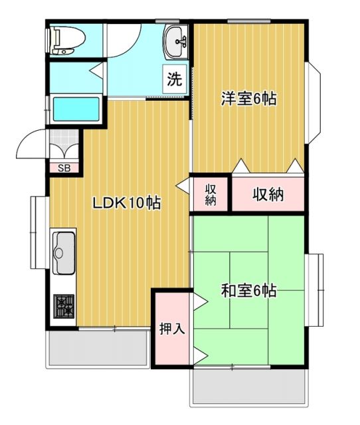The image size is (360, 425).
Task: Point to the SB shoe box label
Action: pos(64,167)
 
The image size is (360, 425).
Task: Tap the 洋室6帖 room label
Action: pos(249,100)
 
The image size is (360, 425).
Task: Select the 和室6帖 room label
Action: pos(249,290)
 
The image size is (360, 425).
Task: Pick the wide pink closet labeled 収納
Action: pos(268,195)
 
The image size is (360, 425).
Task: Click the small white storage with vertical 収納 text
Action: pos(211,195)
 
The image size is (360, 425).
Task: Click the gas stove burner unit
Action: pos(64,306)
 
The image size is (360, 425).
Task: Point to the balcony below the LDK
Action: pos(97,347)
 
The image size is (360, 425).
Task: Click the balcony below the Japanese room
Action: pos(249,386)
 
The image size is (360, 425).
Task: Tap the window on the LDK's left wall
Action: pos(35,232)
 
